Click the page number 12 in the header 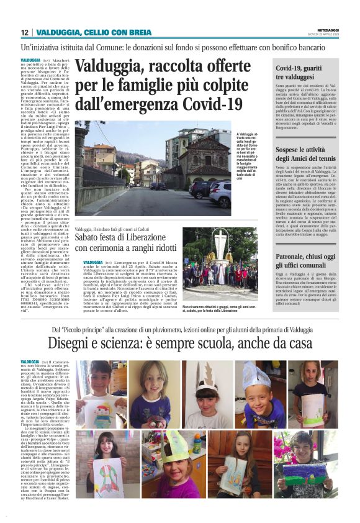pos(24,32)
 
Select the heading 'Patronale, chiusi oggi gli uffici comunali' pos(306,261)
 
